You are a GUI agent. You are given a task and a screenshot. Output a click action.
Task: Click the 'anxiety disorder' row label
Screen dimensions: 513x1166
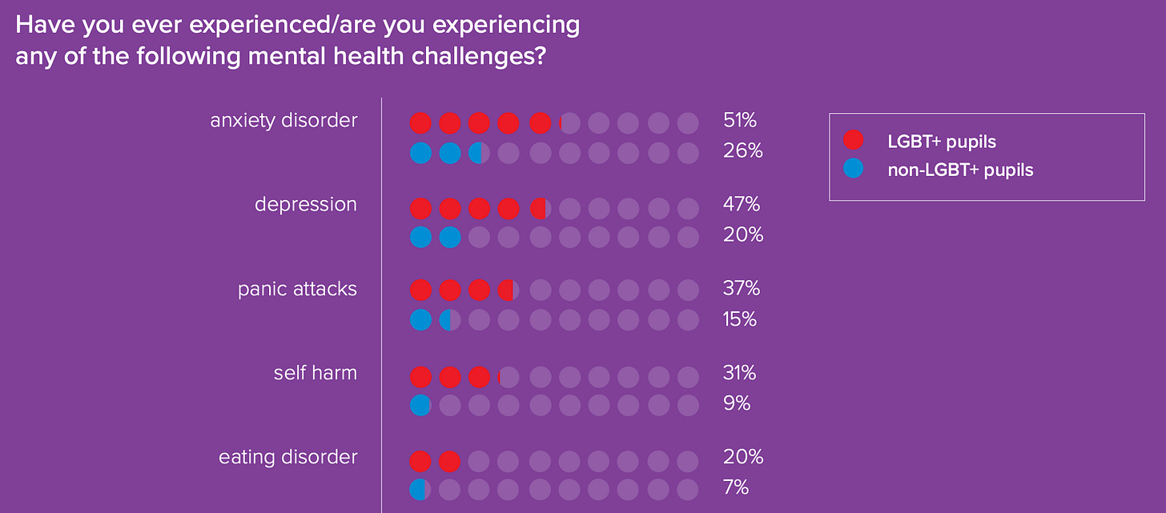coord(283,121)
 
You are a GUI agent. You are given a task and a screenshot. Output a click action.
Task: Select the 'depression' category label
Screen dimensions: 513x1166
coord(305,205)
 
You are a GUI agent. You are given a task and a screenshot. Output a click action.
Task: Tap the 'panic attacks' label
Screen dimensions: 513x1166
coord(297,289)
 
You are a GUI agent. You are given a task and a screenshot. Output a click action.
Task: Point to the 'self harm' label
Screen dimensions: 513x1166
coord(315,373)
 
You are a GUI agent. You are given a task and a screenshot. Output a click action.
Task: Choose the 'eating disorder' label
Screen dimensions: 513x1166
coord(287,458)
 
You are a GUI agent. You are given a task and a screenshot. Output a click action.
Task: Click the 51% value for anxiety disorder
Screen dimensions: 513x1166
coord(739,121)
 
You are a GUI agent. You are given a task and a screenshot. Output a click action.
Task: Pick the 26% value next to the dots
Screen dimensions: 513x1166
coord(742,150)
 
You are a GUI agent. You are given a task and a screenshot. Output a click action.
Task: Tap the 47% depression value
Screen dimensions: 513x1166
coord(741,205)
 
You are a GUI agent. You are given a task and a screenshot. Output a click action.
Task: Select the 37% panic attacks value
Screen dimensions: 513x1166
coord(741,289)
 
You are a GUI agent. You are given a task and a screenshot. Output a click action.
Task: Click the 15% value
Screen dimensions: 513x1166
coord(739,319)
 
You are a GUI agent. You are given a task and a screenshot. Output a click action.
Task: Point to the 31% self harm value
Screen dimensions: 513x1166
coord(739,373)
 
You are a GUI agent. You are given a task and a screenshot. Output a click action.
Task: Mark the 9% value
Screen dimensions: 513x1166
coord(736,404)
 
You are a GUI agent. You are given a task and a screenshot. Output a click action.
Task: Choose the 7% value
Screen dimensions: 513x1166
coord(736,487)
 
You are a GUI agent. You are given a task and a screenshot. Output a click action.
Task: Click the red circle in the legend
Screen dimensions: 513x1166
coord(854,141)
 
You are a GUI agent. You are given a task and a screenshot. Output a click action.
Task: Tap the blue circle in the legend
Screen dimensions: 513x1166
coord(854,170)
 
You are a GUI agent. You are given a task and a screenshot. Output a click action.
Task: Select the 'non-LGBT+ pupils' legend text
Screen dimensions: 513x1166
coord(959,170)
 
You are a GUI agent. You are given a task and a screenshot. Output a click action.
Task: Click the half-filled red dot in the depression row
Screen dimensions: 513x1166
coord(539,209)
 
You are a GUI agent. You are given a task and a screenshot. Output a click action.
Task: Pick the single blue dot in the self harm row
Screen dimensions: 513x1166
coord(420,406)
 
